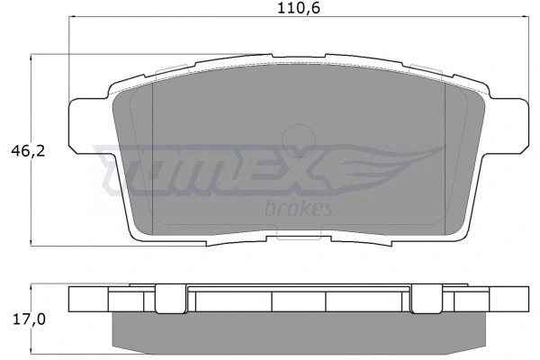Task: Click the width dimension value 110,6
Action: (296, 10)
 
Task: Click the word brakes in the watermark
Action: (301, 209)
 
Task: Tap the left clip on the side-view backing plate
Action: (167, 299)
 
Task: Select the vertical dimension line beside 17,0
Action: (33, 318)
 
